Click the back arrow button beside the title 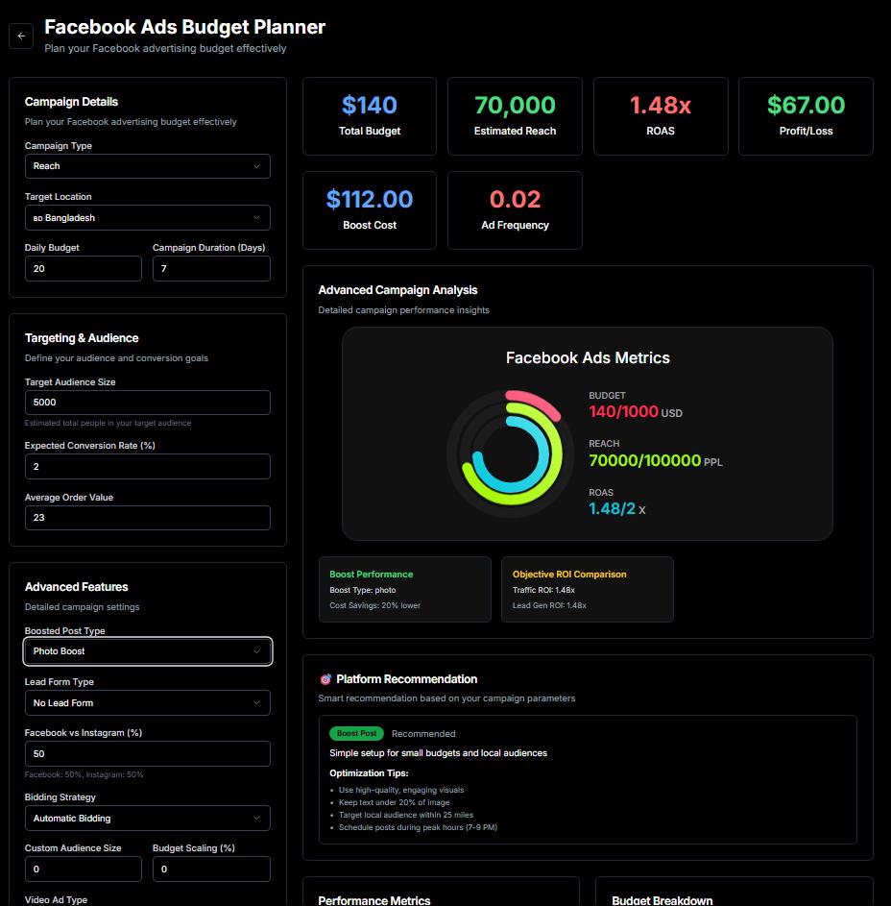point(21,37)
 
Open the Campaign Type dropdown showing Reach point(147,166)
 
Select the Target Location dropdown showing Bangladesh point(147,218)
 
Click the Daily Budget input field point(84,269)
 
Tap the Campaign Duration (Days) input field point(211,269)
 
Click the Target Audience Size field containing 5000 point(147,403)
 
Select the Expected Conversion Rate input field point(147,467)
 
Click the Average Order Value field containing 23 point(147,518)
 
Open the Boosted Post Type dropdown point(147,651)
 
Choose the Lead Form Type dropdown point(147,703)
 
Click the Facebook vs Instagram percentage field point(147,754)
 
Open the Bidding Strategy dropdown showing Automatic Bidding point(147,819)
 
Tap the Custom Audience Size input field point(84,869)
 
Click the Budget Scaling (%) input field point(211,869)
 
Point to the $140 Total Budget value point(370,106)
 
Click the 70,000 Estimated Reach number point(515,106)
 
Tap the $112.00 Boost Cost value point(370,200)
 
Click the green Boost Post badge point(356,734)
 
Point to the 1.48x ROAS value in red point(661,106)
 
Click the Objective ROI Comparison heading point(569,575)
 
